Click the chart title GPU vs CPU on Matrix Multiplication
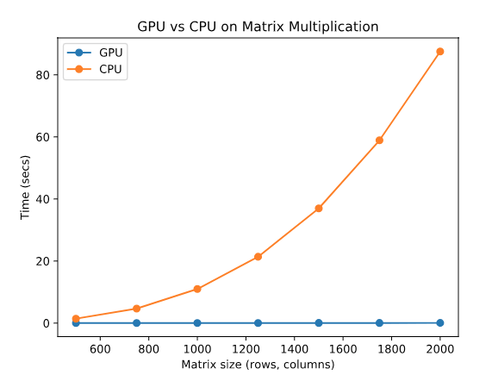click(258, 27)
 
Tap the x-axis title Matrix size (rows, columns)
click(258, 365)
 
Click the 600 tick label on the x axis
click(100, 349)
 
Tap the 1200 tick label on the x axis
click(246, 349)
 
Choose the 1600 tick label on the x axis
click(343, 349)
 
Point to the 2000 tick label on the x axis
click(440, 349)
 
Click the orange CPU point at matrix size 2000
click(440, 52)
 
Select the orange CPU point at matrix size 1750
click(379, 140)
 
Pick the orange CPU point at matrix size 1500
click(319, 209)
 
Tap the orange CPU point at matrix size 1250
click(258, 257)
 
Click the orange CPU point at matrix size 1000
click(197, 289)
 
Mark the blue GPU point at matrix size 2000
click(440, 322)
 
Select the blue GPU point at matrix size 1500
click(319, 322)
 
